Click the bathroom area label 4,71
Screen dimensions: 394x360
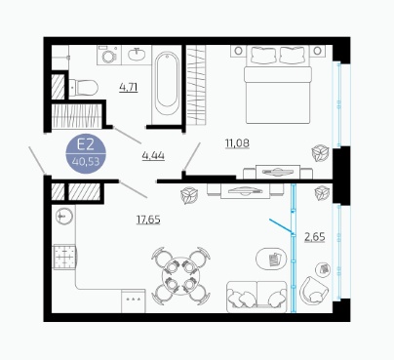129,88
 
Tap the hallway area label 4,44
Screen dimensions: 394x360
153,156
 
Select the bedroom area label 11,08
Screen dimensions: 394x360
237,143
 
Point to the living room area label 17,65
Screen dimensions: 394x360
148,220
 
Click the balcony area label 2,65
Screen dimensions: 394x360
315,237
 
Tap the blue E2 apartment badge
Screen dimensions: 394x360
86,153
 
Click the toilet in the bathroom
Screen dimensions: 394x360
84,88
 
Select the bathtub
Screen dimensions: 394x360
167,85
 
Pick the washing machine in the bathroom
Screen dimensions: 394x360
109,55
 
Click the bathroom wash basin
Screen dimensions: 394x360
137,55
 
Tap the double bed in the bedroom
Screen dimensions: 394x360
278,84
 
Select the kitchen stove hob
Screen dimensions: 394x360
64,257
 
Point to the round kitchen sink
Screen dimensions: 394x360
63,216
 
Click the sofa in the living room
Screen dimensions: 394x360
256,296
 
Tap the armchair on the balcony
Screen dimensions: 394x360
314,291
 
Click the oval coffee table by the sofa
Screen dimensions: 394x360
271,259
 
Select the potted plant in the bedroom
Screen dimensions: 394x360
320,153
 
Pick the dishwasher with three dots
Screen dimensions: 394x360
134,301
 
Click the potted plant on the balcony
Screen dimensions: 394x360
322,193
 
